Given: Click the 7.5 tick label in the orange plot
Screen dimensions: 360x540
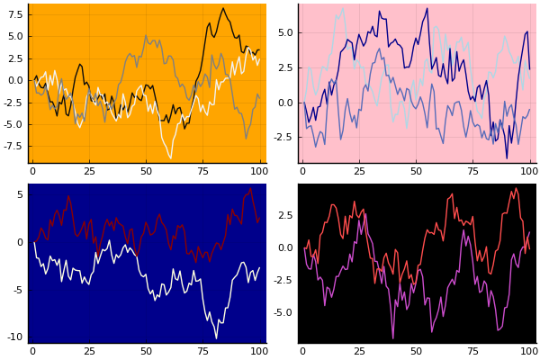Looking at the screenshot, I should (13, 14).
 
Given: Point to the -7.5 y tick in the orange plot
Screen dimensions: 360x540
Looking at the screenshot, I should (12, 146).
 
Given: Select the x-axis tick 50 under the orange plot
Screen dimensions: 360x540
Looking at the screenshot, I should (146, 171).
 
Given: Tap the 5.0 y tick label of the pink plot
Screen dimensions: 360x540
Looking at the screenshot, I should (284, 32).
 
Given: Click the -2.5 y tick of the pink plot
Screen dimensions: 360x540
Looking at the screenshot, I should (283, 137).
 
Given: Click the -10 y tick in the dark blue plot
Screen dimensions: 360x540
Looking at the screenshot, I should (15, 337).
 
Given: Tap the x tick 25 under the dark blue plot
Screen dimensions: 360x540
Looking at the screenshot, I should (89, 351).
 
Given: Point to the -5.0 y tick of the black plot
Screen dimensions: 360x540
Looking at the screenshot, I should (283, 312).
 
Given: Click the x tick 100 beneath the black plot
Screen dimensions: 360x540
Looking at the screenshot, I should (529, 351).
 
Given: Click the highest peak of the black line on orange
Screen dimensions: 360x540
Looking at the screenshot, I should (223, 9).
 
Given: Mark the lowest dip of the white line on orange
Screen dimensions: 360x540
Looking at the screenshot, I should (170, 158).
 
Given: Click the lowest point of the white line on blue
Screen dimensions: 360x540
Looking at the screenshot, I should (216, 338).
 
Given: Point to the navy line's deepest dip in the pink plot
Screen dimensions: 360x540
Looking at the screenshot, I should (507, 158).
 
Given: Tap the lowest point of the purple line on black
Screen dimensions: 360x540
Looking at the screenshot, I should (392, 338).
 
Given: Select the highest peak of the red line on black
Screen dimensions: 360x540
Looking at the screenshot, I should (516, 188).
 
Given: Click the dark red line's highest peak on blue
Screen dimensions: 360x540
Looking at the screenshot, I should (251, 188).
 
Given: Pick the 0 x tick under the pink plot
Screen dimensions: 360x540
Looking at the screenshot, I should (302, 171).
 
